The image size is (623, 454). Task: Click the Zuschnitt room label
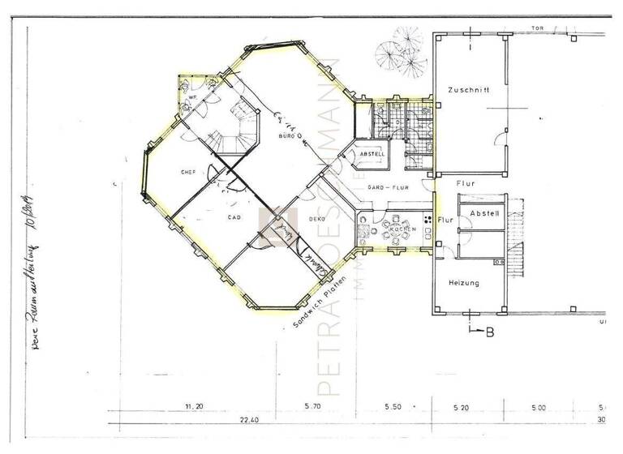468,91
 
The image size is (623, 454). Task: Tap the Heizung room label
462,283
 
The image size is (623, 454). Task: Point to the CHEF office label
188,172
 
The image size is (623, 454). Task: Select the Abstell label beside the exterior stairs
483,213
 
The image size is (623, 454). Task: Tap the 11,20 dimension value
193,405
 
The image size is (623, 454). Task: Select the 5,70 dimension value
313,405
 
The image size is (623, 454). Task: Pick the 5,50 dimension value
393,405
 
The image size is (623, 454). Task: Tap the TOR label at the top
537,28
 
